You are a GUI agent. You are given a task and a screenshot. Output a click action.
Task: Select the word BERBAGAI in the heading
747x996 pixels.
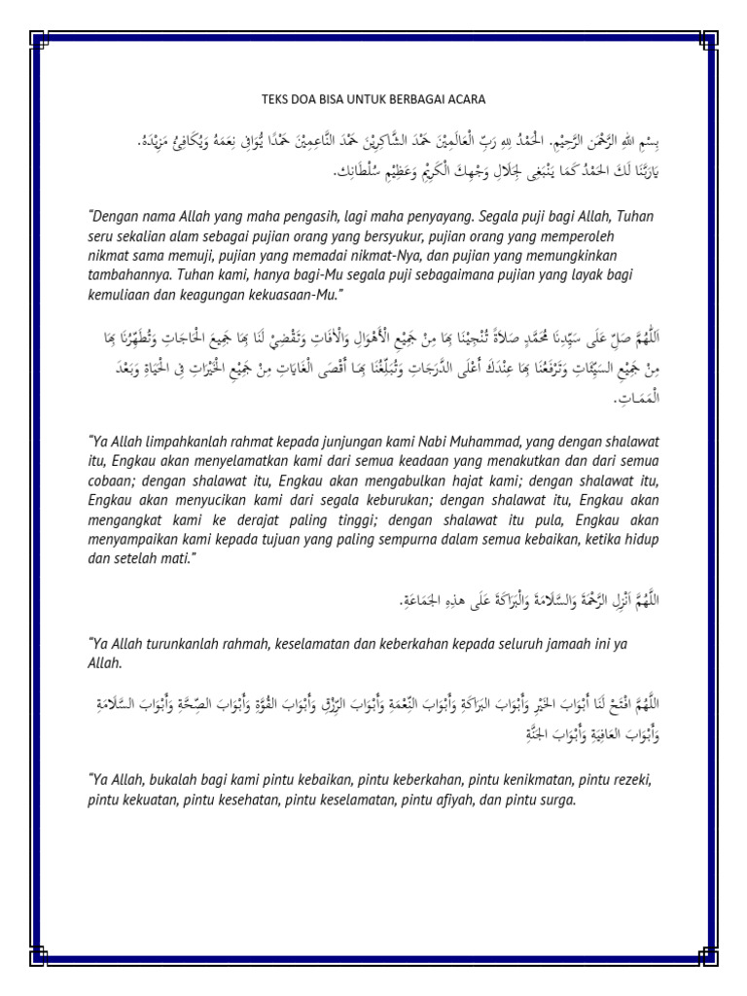[415, 99]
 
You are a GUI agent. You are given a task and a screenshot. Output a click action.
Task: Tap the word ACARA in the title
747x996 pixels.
[466, 99]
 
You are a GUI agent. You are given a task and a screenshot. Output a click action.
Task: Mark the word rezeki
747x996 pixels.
[626, 781]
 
